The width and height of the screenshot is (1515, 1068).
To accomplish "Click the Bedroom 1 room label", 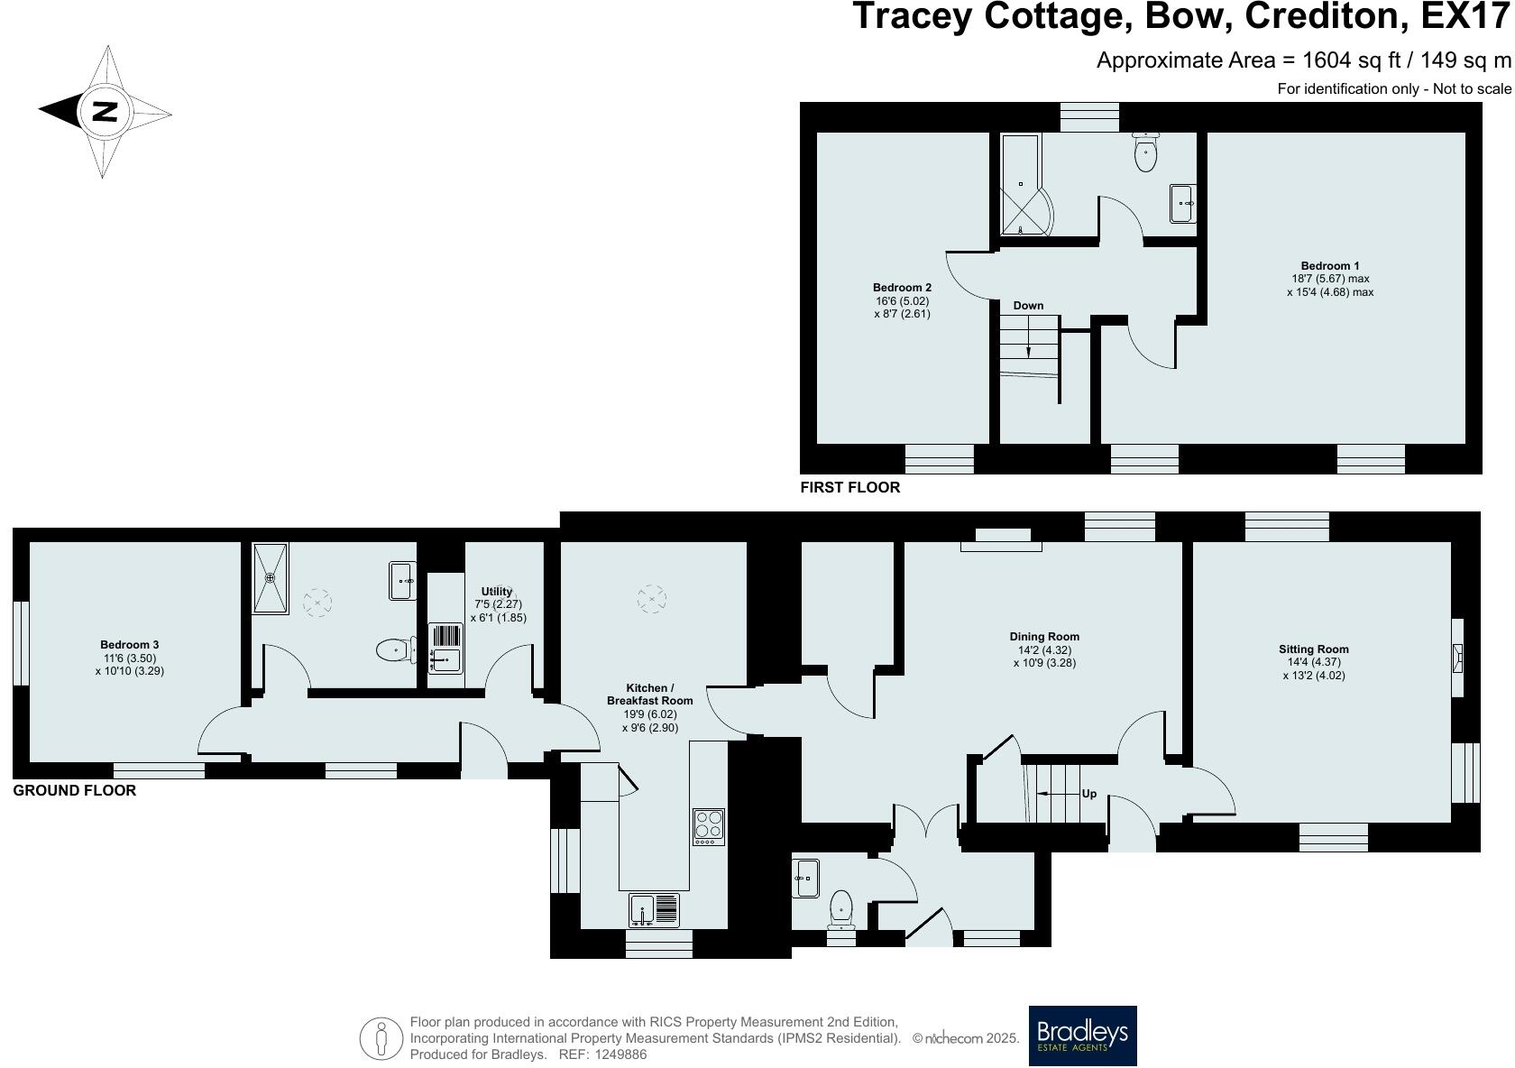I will [1330, 265].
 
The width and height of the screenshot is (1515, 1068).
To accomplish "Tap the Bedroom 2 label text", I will [902, 288].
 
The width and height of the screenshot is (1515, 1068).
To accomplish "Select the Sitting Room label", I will [1313, 649].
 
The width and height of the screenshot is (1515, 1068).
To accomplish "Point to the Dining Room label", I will [1044, 636].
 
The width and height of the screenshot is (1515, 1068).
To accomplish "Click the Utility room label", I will [497, 592].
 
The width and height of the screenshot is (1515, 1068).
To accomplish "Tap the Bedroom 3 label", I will [129, 645].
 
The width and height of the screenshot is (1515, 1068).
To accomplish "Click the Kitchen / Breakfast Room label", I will [649, 695].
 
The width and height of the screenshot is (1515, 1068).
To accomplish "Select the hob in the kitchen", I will [709, 826].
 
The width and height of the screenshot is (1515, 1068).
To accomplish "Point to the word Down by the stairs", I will [1028, 306].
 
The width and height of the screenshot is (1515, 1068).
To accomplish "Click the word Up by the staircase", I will [1089, 794].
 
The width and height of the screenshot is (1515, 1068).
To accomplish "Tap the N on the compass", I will [106, 112].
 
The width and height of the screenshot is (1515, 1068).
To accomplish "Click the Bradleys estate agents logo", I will [1082, 1036].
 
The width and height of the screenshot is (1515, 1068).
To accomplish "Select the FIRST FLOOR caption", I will [849, 487].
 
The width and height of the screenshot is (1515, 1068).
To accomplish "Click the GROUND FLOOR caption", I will [74, 790].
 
